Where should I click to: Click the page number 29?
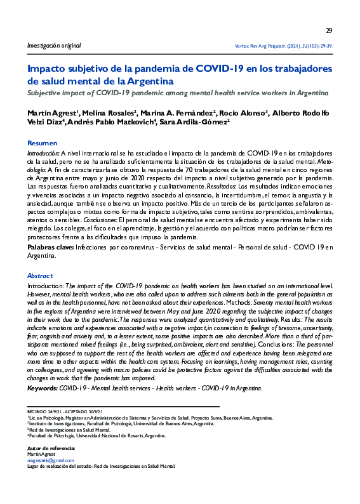(329, 30)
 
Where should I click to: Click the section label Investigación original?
(53, 46)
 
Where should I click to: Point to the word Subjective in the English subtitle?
(46, 93)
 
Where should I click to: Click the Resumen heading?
(42, 143)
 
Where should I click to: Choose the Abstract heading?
(40, 276)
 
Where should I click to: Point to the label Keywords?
(46, 388)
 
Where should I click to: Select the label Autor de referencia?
(51, 448)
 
